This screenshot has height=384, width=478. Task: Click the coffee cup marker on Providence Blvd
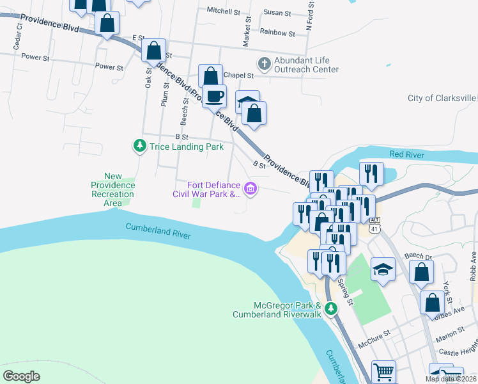coord(214,96)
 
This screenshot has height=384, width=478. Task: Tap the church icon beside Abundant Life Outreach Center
coord(263,63)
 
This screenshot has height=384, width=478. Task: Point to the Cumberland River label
coord(158,231)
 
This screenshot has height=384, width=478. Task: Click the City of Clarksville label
coord(442,98)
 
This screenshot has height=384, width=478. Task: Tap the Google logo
coord(22,376)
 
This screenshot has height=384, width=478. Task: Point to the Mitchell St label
coord(222,11)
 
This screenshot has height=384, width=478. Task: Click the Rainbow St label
coord(277,33)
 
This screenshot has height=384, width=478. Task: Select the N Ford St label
coord(310,16)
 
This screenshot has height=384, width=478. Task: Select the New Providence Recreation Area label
coord(112,189)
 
